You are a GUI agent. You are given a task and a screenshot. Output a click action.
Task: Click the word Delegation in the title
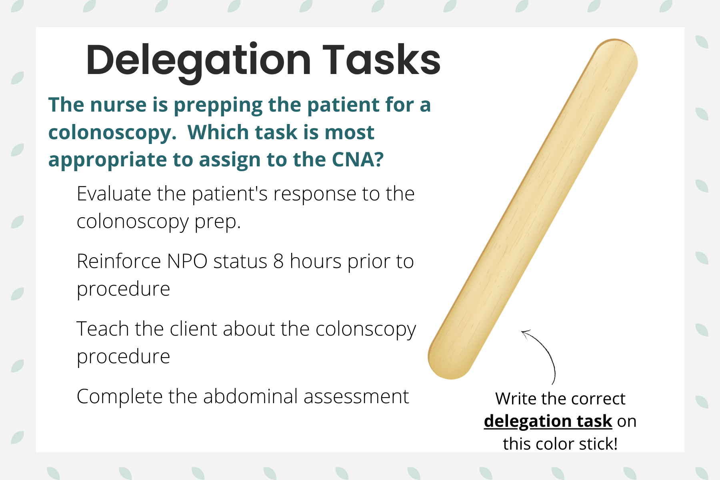tap(198, 60)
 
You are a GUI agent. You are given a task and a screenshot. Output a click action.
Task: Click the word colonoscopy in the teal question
tap(112, 133)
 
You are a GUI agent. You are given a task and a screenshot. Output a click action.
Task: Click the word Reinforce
tap(119, 261)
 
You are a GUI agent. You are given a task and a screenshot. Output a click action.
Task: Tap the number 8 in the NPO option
tap(278, 261)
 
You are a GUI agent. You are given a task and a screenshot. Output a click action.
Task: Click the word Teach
tap(102, 329)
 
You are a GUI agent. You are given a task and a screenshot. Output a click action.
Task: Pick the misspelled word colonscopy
tap(366, 330)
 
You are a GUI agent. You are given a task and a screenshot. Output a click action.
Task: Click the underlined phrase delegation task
tap(548, 421)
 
